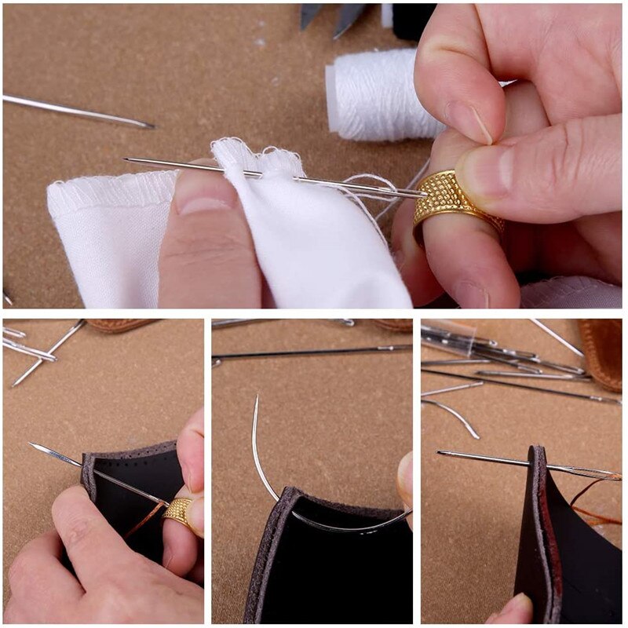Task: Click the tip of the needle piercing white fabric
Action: (x=126, y=160)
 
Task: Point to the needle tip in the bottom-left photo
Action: (x=32, y=445)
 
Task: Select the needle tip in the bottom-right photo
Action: (x=439, y=452)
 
